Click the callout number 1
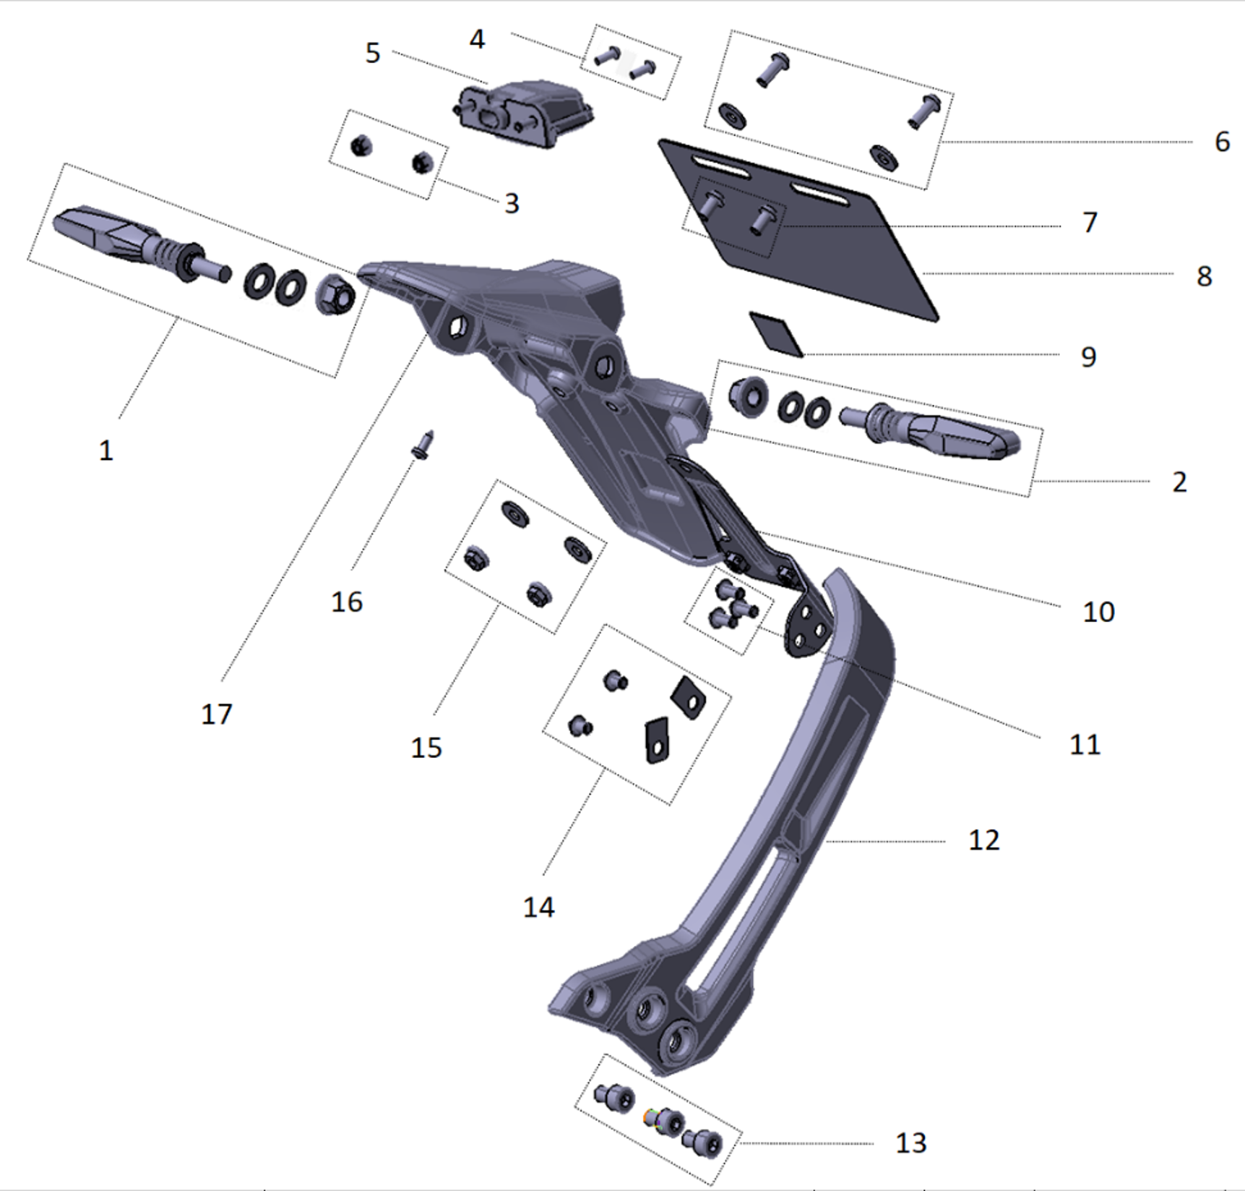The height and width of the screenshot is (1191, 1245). (x=106, y=451)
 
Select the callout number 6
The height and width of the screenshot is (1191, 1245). (x=1222, y=142)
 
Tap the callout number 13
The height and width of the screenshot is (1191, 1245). (x=910, y=1143)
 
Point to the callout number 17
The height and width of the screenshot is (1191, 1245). (x=216, y=714)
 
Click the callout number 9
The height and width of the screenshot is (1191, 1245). (x=1088, y=357)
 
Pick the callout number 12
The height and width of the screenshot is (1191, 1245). (x=983, y=840)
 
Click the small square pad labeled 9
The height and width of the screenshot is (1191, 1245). (x=775, y=333)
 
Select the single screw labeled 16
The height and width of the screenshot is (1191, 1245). (x=423, y=444)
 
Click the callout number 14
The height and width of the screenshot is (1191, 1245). (x=538, y=907)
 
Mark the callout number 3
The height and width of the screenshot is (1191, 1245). (x=512, y=203)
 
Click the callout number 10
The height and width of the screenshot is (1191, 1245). (x=1098, y=612)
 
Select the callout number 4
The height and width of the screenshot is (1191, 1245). (x=477, y=39)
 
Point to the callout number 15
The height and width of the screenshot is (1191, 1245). (x=426, y=748)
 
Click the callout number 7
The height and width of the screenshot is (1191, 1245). (x=1090, y=222)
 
